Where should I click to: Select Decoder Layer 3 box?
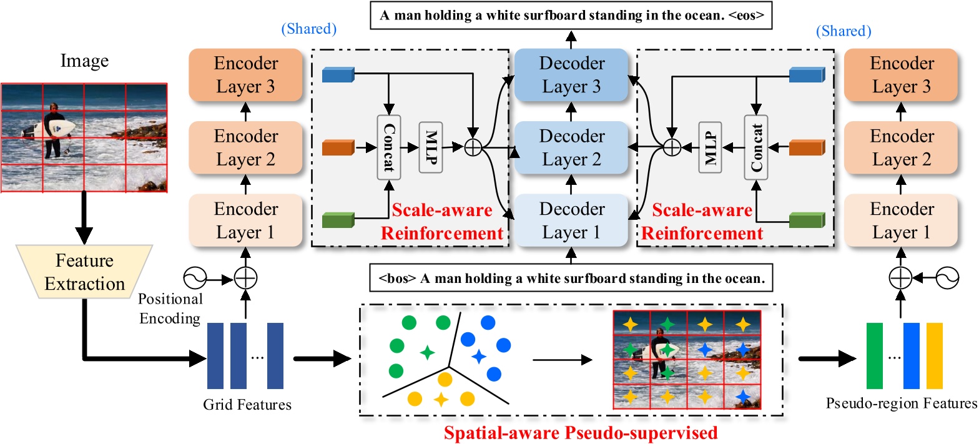tap(569, 75)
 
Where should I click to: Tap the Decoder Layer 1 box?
tap(569, 220)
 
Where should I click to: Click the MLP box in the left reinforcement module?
tap(430, 148)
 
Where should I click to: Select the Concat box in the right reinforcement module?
tap(756, 148)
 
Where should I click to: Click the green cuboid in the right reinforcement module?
tap(806, 220)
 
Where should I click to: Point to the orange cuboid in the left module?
tap(338, 148)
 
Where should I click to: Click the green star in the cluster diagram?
tap(427, 353)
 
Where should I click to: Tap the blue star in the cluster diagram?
tap(478, 357)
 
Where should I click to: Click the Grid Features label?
tap(247, 405)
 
